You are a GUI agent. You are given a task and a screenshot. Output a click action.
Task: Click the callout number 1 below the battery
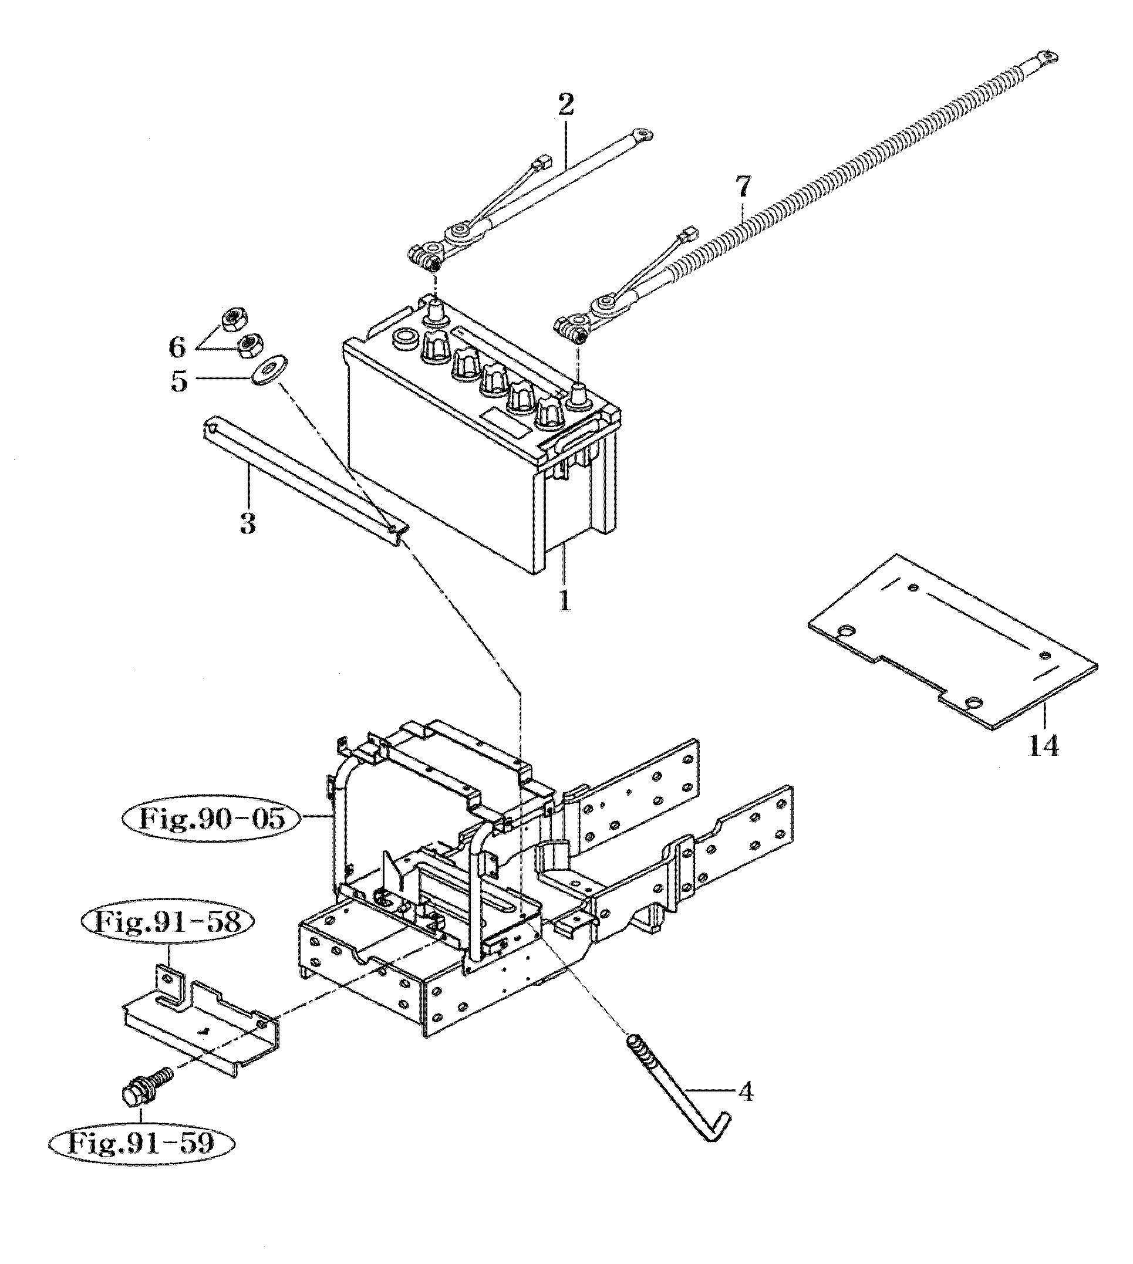[x=565, y=601]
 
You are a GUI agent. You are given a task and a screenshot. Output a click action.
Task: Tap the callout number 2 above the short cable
[x=565, y=105]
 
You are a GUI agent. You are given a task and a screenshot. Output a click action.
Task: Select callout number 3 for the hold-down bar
[x=248, y=524]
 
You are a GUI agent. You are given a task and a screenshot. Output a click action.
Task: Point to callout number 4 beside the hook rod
[x=746, y=1108]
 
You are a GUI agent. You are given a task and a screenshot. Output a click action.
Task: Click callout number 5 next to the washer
[x=179, y=381]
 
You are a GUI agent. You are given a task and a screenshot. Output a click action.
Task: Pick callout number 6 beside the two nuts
[x=178, y=346]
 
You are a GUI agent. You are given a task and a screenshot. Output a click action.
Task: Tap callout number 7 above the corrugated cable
[x=743, y=187]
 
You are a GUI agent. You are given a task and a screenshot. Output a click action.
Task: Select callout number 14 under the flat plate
[x=1043, y=746]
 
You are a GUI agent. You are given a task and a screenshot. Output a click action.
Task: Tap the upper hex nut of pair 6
[x=234, y=321]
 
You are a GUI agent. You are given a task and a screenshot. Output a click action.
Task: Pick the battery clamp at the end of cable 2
[x=426, y=256]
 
